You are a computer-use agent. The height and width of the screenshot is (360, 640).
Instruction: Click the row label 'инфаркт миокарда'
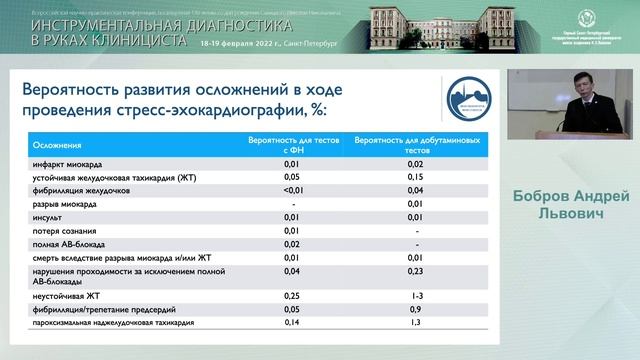[x=64, y=163]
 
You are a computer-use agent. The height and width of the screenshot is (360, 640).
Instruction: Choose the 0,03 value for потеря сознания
[x=291, y=230]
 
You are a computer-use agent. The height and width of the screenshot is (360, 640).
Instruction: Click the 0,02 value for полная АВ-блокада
[x=291, y=243]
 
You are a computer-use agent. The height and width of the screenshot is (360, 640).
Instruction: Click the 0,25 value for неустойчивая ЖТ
[x=291, y=297]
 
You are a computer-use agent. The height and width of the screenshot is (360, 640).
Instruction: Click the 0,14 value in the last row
[x=291, y=324]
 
